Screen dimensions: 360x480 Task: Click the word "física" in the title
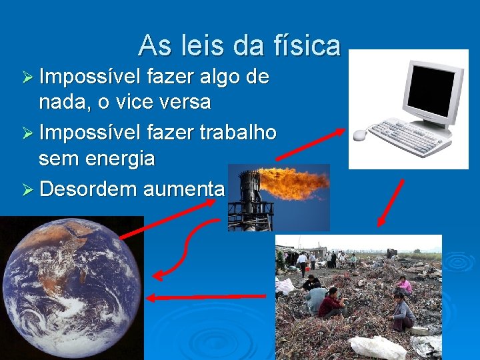(x=307, y=45)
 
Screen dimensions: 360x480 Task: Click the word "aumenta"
(x=183, y=189)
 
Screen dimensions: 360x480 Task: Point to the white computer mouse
(x=359, y=135)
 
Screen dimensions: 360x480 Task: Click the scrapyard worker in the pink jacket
(x=404, y=286)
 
